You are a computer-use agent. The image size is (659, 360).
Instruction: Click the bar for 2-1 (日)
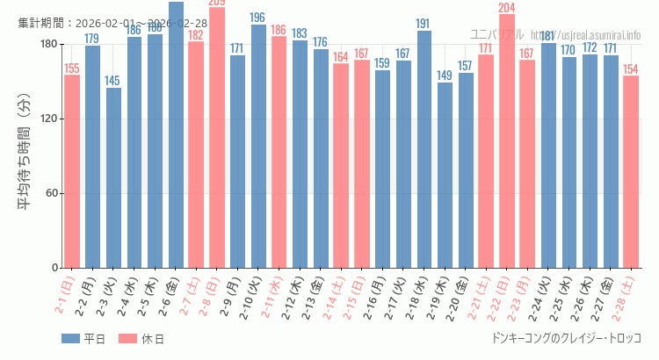click(x=72, y=171)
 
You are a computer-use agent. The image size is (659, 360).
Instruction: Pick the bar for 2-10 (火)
click(x=257, y=146)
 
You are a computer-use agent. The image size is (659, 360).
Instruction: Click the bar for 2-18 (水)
click(x=424, y=149)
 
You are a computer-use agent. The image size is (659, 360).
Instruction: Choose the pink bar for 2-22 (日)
click(x=507, y=140)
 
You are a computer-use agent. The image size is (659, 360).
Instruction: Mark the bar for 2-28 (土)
click(x=631, y=171)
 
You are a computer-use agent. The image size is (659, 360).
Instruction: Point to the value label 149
click(x=445, y=76)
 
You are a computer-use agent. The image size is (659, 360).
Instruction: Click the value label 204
click(x=507, y=8)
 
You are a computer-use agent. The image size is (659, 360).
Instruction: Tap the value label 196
click(x=257, y=18)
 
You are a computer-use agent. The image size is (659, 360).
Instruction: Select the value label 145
click(x=113, y=81)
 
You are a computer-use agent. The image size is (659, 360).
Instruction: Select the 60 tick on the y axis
click(x=50, y=193)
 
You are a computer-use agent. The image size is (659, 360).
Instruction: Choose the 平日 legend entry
click(x=83, y=339)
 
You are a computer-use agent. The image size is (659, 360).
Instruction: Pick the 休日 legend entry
click(x=141, y=339)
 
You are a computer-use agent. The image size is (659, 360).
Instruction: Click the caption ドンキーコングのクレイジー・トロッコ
click(x=566, y=339)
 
